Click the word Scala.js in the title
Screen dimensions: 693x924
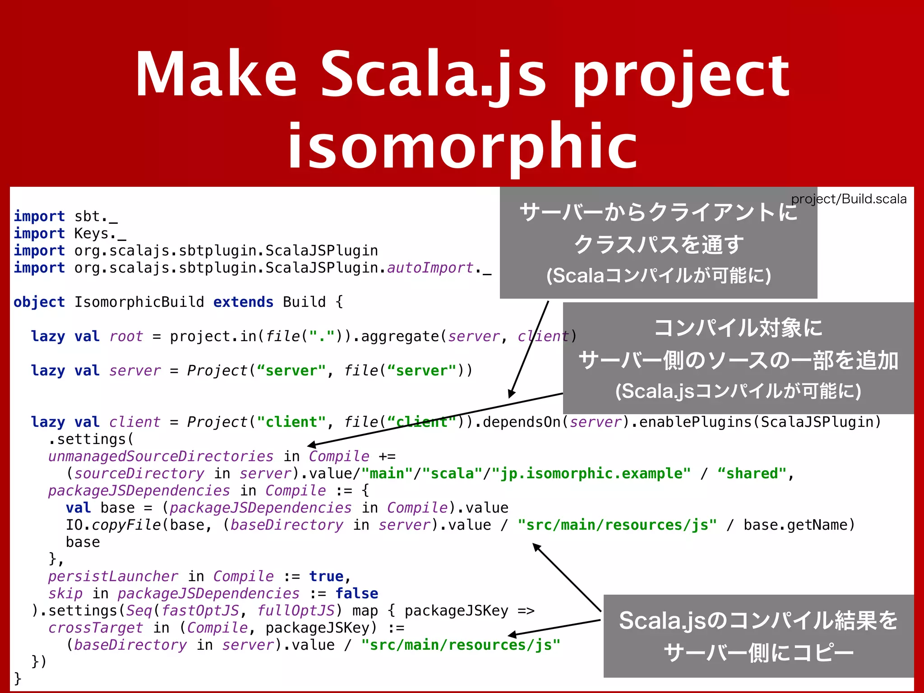click(x=433, y=74)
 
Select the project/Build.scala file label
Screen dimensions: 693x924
click(x=849, y=199)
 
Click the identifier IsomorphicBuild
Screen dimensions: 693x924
click(x=139, y=302)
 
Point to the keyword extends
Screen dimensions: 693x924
click(x=243, y=302)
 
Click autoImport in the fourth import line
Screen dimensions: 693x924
click(x=430, y=268)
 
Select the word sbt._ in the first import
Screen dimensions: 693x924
click(x=96, y=217)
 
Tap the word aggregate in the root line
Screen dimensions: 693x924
click(x=399, y=336)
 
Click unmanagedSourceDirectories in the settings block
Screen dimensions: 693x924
click(x=161, y=456)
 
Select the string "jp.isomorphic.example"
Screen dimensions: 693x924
click(x=591, y=473)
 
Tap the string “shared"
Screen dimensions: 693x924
click(x=751, y=473)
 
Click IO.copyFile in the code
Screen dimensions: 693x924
click(x=113, y=525)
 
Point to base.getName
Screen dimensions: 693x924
click(x=795, y=525)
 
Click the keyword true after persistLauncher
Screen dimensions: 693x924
click(x=326, y=576)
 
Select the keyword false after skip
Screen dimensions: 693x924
click(x=356, y=593)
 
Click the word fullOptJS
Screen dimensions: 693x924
click(x=296, y=610)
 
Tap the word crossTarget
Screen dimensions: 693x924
click(x=96, y=628)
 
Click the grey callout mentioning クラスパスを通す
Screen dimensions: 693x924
click(x=658, y=243)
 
